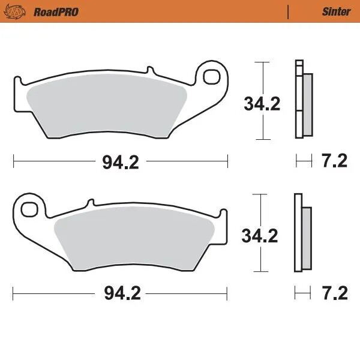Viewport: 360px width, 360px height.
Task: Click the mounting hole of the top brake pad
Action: pyautogui.click(x=212, y=76)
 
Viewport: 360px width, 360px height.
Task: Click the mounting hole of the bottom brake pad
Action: pyautogui.click(x=28, y=209)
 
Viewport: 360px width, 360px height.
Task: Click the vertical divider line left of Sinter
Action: pyautogui.click(x=289, y=11)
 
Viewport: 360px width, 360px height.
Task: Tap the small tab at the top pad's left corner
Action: pyautogui.click(x=17, y=80)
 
